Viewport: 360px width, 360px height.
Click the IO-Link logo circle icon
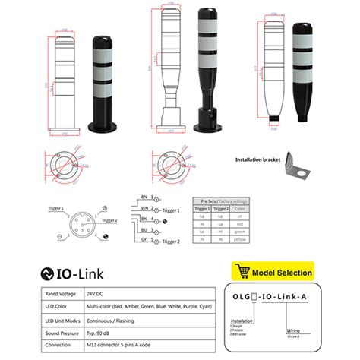pyautogui.click(x=48, y=273)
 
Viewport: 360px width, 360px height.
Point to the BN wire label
pyautogui.click(x=143, y=196)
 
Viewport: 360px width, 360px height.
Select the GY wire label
pyautogui.click(x=143, y=239)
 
